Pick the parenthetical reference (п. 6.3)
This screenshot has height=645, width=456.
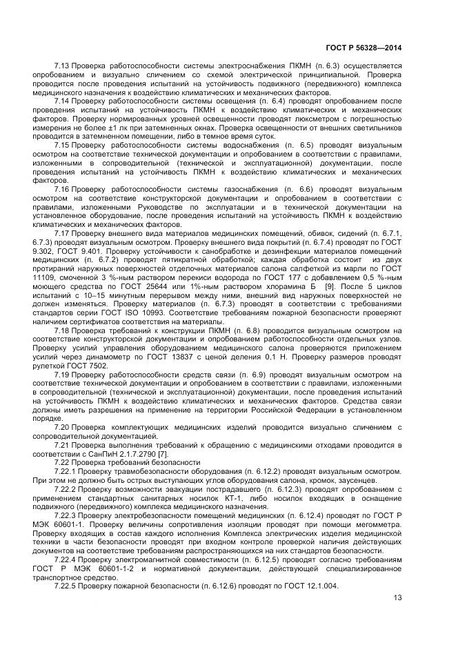tap(281, 66)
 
